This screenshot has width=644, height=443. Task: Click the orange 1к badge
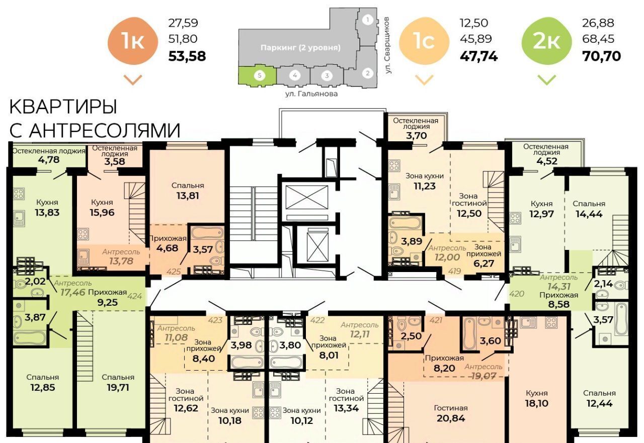(133, 41)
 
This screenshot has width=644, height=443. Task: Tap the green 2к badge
(546, 41)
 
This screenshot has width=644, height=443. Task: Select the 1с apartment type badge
(424, 41)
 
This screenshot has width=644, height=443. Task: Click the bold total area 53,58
(187, 56)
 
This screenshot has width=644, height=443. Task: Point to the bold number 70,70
(601, 56)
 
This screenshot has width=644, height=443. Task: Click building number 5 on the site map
(260, 75)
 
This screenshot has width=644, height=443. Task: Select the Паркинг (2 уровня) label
(300, 48)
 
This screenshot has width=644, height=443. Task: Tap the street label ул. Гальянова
(311, 94)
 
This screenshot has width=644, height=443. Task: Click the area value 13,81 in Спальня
(188, 196)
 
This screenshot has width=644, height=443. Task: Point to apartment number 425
(174, 271)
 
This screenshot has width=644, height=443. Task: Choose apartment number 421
(436, 320)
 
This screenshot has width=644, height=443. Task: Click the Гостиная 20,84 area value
(451, 418)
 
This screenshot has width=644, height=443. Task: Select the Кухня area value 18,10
(536, 403)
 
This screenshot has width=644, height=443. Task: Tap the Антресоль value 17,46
(73, 293)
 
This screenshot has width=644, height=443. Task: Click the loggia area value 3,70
(416, 135)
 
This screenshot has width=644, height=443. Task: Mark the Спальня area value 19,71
(118, 387)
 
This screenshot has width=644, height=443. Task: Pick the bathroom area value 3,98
(241, 345)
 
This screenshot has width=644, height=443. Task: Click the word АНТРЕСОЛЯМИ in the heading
(105, 130)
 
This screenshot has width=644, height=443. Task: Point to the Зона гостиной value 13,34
(346, 408)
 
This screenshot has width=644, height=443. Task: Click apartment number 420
(517, 294)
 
